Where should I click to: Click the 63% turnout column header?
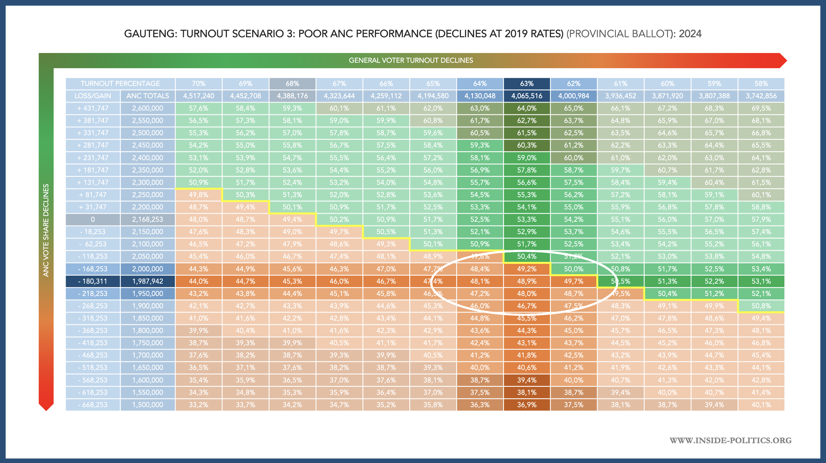527,84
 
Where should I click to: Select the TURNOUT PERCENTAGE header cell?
120,84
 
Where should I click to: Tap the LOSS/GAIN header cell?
93,96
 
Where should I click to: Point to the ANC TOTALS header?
147,96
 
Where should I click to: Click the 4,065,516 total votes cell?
527,96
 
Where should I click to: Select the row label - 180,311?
93,281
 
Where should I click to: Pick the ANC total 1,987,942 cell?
147,281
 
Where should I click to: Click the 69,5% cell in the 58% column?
761,108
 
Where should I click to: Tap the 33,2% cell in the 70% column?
198,405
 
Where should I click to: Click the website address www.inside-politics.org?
730,440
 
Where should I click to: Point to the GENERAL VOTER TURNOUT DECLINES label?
411,60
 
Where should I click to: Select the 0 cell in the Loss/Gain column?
93,219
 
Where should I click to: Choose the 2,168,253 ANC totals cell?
147,219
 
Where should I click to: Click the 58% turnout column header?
761,84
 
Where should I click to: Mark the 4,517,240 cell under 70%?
198,96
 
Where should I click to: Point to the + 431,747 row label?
93,108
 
